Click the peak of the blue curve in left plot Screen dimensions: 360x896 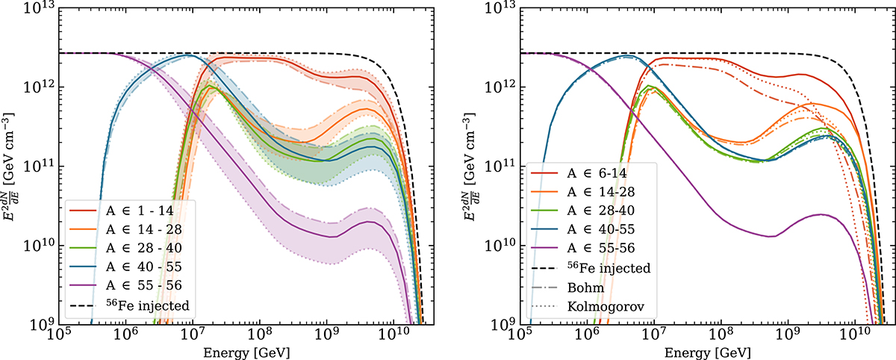click(x=190, y=55)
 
